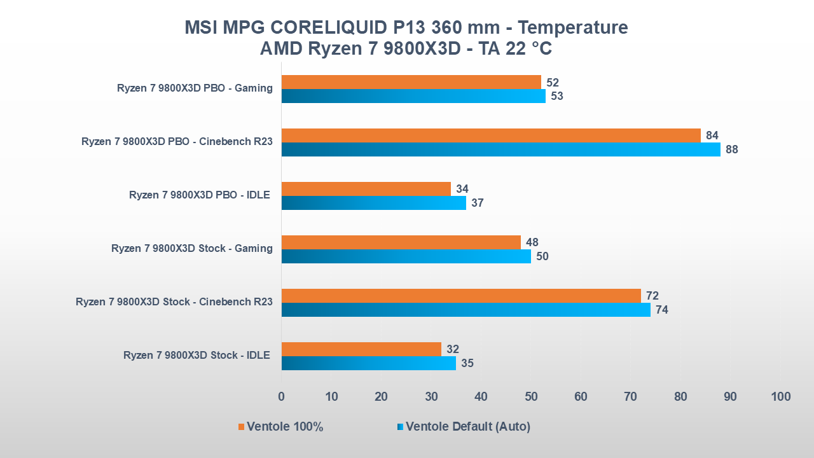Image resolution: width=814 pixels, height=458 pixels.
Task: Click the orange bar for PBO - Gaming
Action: pos(411,82)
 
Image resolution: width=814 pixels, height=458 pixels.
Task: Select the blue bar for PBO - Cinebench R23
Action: pos(500,149)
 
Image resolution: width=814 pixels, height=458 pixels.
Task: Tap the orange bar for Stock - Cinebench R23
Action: pos(461,296)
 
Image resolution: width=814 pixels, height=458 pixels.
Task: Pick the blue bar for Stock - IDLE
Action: pos(368,363)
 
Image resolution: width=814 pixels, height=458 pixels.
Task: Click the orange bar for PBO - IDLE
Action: pos(366,189)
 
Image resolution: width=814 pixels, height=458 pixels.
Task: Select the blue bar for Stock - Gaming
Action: pos(406,256)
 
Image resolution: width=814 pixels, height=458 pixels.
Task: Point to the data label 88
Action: pos(732,149)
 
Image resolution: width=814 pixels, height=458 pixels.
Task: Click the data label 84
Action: pos(712,135)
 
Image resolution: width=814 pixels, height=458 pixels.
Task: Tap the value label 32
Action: pos(453,349)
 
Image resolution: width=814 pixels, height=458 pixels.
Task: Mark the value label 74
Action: pos(662,310)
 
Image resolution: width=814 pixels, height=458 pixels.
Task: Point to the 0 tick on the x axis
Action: pos(282,397)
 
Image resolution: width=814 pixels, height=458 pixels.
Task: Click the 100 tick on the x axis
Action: pos(780,397)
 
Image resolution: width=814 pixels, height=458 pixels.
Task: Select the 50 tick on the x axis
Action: pos(531,397)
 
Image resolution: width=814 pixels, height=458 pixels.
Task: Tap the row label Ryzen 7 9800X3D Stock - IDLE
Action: pos(197,356)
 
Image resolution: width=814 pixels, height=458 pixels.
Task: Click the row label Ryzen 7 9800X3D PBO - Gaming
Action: pos(195,88)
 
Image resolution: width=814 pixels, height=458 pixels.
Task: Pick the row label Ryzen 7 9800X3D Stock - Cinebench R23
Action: pos(174,302)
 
